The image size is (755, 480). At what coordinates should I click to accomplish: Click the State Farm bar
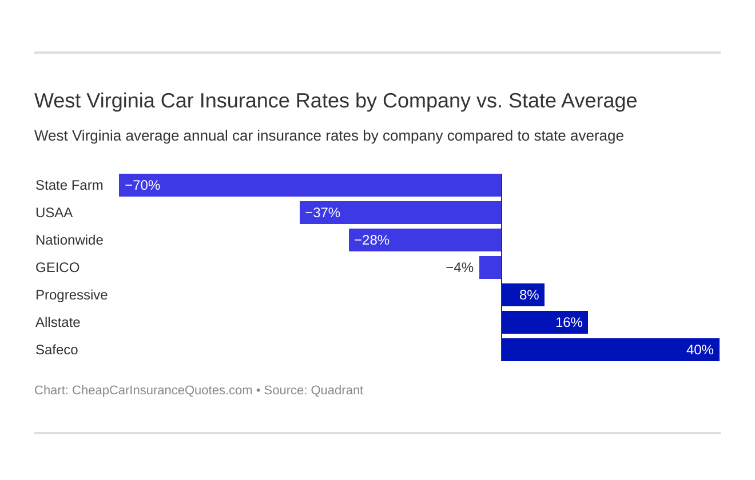tap(310, 185)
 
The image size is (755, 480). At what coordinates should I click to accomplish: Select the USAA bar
tap(400, 213)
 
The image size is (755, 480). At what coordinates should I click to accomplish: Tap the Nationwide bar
tap(425, 240)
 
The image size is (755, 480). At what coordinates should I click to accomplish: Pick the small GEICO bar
tap(490, 267)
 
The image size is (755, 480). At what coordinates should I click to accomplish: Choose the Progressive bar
tap(523, 295)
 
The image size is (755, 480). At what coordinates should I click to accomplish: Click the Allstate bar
tap(545, 322)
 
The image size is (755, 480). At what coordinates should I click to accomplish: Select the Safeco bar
tap(610, 350)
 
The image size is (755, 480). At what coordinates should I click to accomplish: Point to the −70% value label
tap(142, 185)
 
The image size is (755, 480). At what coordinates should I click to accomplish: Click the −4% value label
tap(460, 267)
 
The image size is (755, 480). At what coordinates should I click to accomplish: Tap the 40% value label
tap(700, 350)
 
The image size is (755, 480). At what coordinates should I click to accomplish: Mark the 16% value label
tap(569, 322)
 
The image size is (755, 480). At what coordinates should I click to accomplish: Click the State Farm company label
tap(69, 185)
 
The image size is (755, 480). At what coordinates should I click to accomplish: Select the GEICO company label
tap(57, 267)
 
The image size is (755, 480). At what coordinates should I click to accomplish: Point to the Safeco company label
tap(57, 350)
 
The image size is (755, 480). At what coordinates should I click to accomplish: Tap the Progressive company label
tap(71, 295)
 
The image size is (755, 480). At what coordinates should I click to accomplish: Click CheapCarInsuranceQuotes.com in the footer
tap(162, 390)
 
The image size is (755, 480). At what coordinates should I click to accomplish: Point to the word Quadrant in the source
tap(337, 390)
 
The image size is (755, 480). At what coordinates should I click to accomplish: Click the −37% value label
tap(323, 213)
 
